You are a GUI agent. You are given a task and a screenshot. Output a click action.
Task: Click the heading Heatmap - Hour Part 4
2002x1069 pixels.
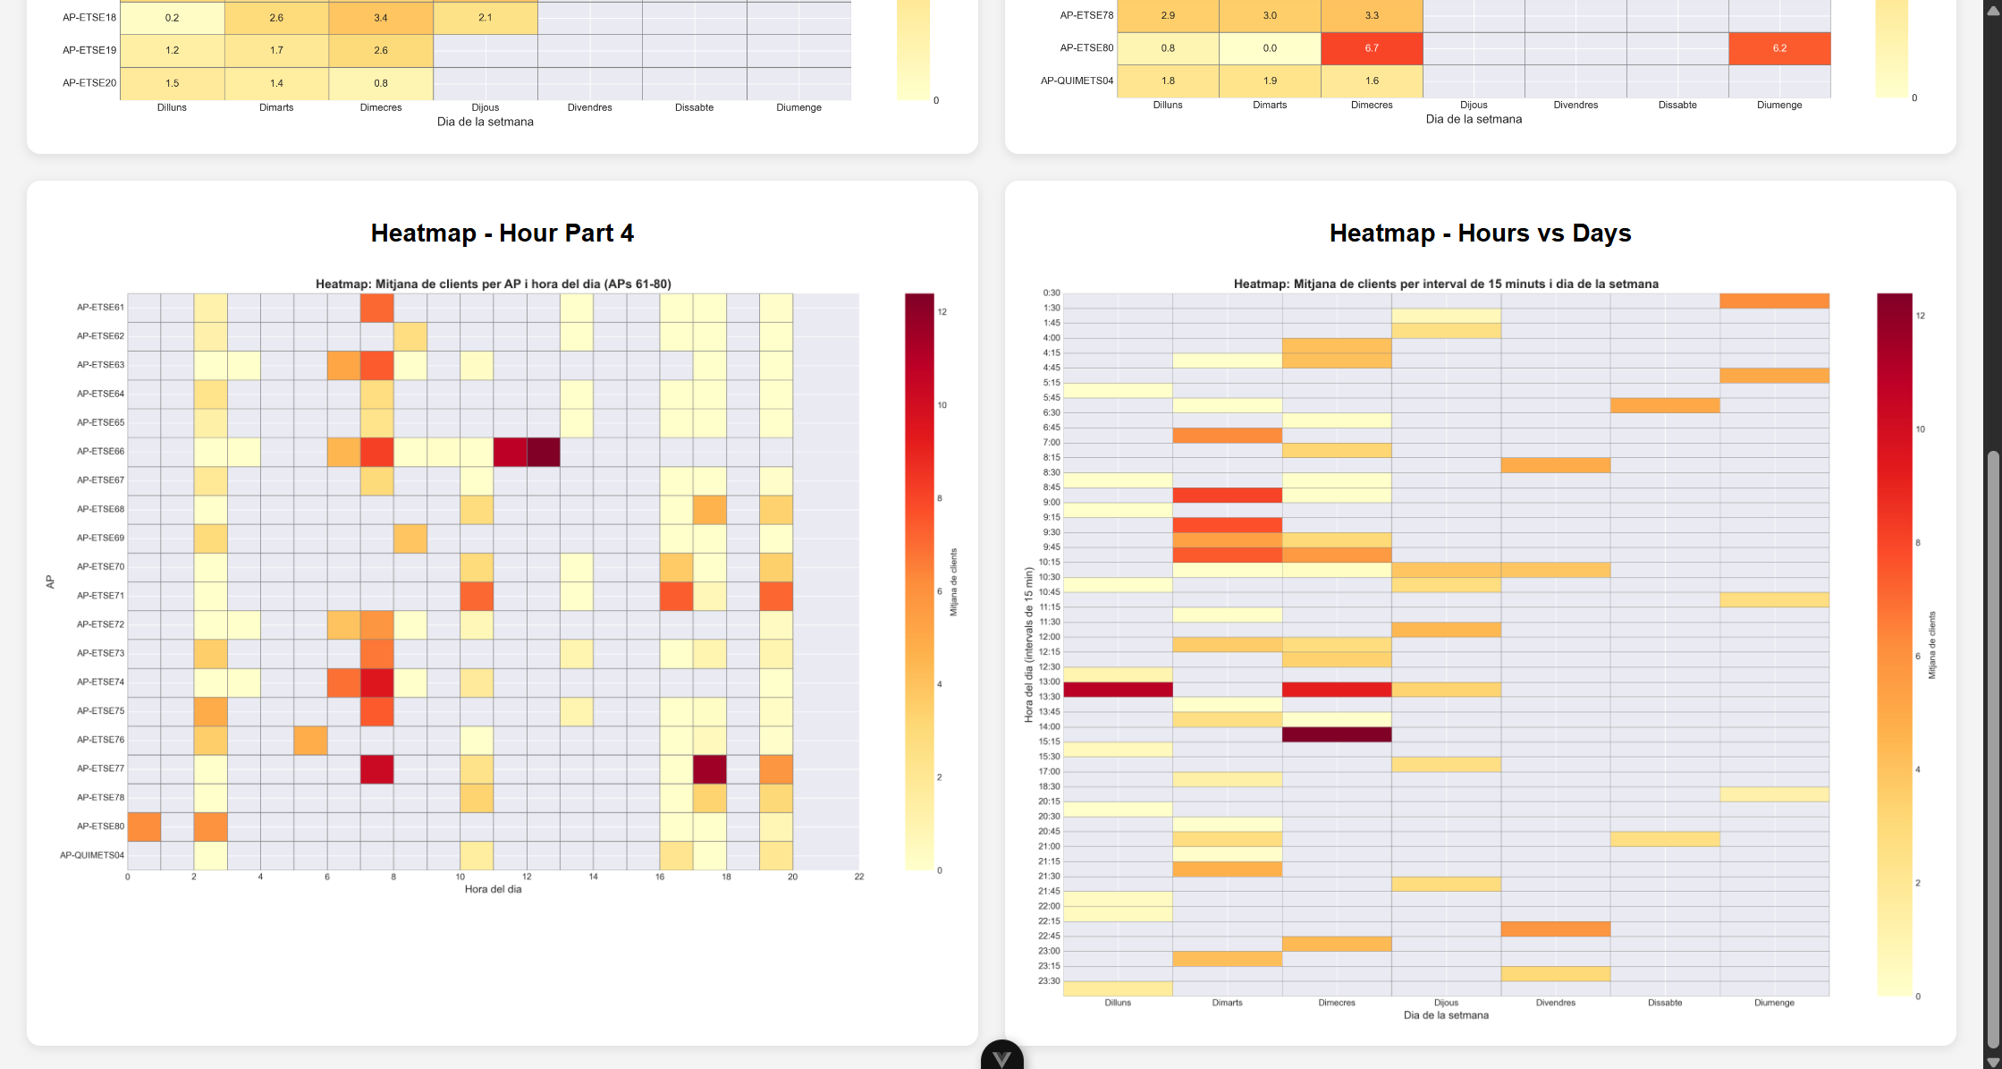502,233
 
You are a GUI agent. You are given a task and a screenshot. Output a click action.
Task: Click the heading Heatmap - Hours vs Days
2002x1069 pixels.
1480,233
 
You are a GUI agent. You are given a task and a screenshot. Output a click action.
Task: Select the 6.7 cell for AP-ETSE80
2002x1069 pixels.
1372,48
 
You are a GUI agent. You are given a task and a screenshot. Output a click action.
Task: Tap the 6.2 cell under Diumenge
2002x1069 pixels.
1779,48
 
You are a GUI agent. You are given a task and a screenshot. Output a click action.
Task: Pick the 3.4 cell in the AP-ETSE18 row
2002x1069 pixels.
381,18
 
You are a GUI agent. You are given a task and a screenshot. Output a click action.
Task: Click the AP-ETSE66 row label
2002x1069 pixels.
100,452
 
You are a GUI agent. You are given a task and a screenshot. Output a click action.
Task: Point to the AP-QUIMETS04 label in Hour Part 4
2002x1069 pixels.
92,855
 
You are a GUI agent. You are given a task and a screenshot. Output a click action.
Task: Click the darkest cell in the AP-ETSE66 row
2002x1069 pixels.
544,452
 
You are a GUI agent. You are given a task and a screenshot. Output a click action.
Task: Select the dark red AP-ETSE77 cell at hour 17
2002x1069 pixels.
710,769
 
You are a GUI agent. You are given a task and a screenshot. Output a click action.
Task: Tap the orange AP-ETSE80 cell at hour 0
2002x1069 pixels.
144,827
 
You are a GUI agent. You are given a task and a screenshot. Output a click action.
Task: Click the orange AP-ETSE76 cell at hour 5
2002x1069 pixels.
310,740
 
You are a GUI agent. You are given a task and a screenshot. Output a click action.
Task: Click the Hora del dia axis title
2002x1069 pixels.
493,889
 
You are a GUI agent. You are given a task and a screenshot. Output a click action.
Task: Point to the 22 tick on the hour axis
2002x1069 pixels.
858,877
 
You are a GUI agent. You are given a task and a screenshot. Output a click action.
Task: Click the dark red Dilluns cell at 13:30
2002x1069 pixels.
1118,690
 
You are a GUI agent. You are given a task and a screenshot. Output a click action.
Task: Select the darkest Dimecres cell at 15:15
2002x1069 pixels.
1337,734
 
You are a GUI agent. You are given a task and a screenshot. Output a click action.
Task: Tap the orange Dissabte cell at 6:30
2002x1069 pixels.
1665,405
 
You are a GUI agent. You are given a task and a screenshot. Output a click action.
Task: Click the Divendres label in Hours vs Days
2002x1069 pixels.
1555,1003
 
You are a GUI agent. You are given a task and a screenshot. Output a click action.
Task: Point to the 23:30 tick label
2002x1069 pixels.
1049,981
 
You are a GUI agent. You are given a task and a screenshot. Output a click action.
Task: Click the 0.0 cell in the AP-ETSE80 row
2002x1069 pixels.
1270,48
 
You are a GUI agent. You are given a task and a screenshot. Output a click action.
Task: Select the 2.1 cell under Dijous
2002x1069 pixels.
485,18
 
